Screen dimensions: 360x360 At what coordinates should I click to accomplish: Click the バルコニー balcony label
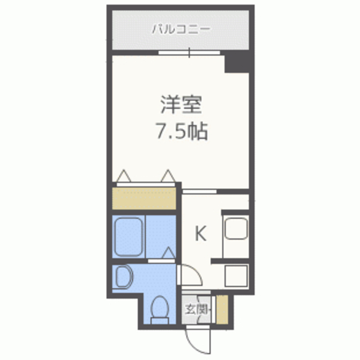pyautogui.click(x=181, y=29)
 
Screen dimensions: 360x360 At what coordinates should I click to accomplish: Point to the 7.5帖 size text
pyautogui.click(x=181, y=132)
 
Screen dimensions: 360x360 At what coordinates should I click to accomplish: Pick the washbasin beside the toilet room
pyautogui.click(x=122, y=277)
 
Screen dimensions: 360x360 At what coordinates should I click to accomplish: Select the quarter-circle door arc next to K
pyautogui.click(x=190, y=275)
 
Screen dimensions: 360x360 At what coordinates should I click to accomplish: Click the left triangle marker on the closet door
pyautogui.click(x=125, y=176)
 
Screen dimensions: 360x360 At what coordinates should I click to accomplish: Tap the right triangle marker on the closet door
pyautogui.click(x=168, y=176)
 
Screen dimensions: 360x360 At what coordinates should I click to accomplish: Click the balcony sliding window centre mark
pyautogui.click(x=189, y=53)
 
